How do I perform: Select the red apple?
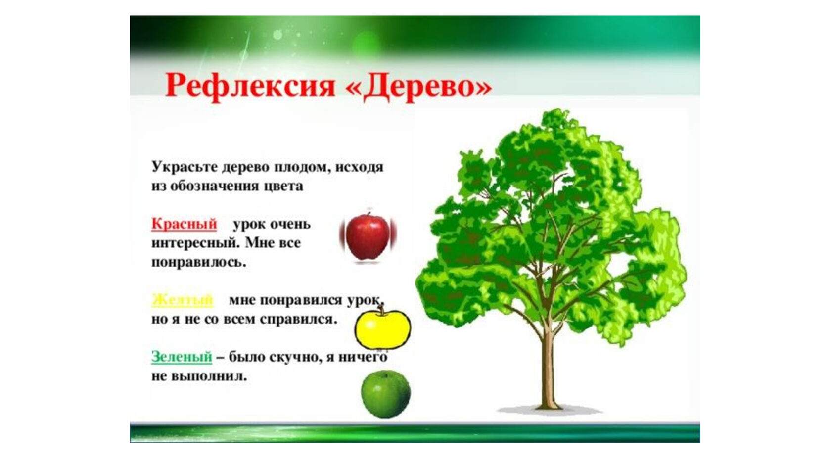[x=368, y=236]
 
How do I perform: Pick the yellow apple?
[x=382, y=328]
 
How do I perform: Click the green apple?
[x=386, y=394]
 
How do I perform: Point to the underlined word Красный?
[x=184, y=225]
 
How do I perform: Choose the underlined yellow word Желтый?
[x=183, y=300]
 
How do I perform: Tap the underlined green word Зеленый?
[x=182, y=357]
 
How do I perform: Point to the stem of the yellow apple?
[x=381, y=310]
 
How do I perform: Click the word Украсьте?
[x=184, y=167]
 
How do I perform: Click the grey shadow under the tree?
[x=549, y=410]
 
